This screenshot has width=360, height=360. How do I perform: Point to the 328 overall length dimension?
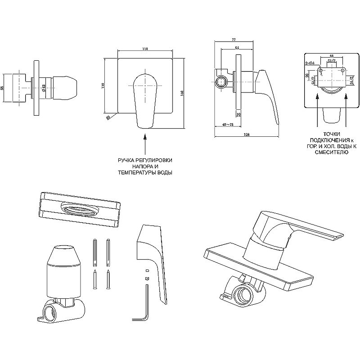[247, 134]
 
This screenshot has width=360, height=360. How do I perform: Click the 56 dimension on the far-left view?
[3, 88]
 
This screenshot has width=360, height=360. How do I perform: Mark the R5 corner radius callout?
[108, 117]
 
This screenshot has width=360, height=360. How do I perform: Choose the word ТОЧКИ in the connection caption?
[332, 135]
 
